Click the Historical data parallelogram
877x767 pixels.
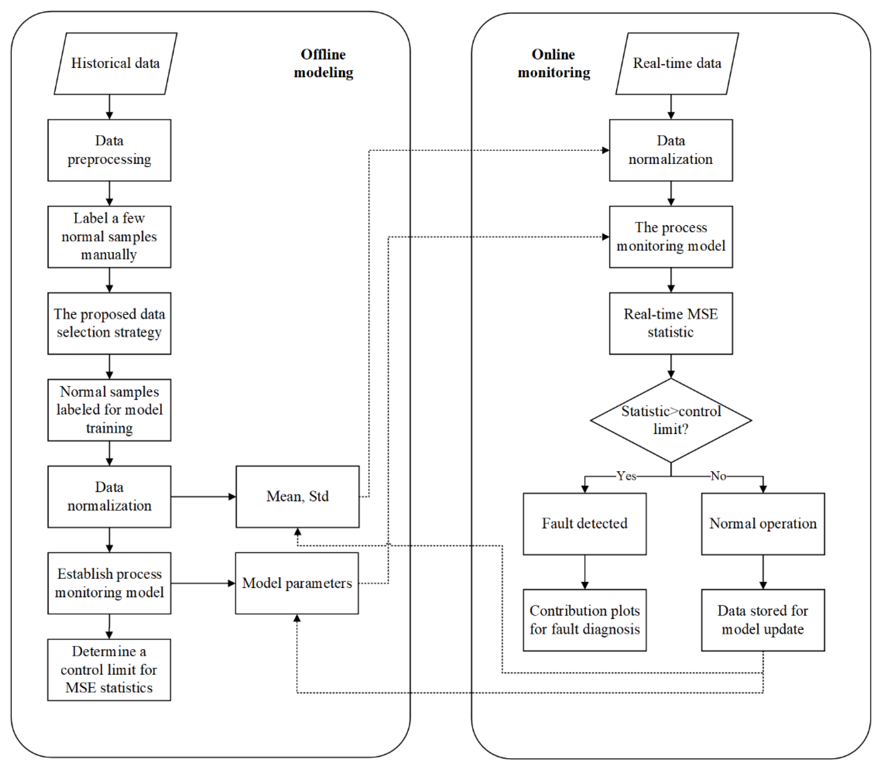tap(115, 63)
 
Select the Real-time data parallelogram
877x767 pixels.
tap(677, 63)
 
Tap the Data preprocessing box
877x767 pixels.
tap(109, 150)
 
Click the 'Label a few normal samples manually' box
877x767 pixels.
tap(109, 237)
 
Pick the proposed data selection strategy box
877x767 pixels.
tap(109, 323)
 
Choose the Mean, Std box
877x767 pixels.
tap(298, 496)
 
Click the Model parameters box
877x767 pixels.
tap(297, 583)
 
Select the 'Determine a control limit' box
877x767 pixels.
tap(109, 669)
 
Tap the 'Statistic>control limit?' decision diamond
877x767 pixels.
tap(671, 420)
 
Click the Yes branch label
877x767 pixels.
tap(626, 476)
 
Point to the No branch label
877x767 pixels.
tap(718, 476)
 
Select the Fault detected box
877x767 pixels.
tap(585, 523)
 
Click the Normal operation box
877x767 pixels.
tap(763, 523)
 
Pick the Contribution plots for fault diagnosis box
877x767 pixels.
tap(585, 620)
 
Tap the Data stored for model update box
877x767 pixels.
tap(763, 620)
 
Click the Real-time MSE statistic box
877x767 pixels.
tap(671, 323)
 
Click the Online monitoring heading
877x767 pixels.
tap(554, 63)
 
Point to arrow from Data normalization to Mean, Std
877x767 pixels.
tap(203, 496)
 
